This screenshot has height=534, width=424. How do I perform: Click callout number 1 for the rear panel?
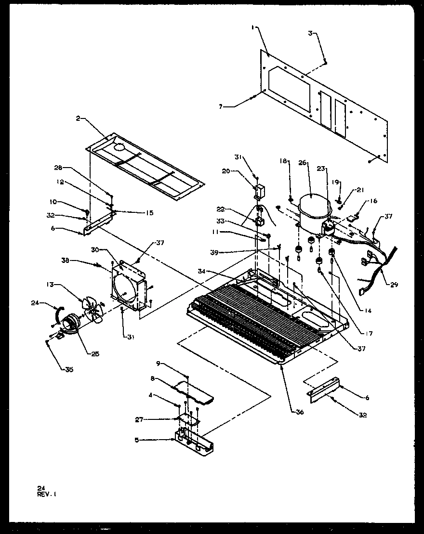tap(252, 28)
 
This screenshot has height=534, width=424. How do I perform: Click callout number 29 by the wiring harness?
tap(394, 285)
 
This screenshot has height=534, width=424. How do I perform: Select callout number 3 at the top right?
tap(311, 33)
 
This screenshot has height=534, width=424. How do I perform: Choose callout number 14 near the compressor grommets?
tap(368, 311)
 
